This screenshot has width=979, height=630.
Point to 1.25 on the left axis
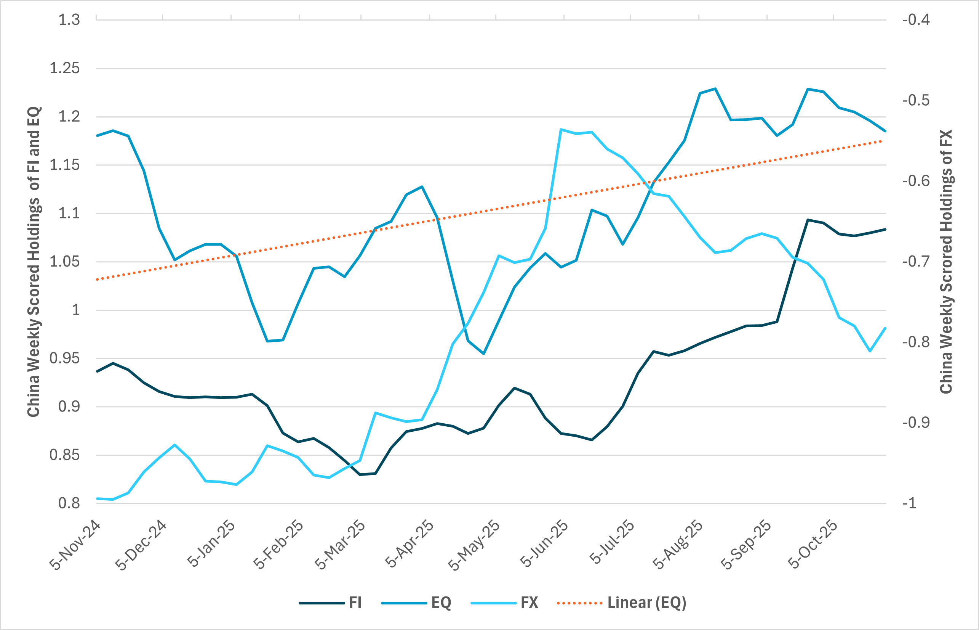[64, 68]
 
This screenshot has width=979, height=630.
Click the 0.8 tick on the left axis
[69, 503]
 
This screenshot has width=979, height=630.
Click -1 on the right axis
[910, 503]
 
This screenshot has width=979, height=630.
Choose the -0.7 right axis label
[916, 261]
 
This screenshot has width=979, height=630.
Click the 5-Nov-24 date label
[75, 545]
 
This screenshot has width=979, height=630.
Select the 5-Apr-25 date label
[410, 544]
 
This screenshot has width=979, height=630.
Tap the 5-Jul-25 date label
[611, 542]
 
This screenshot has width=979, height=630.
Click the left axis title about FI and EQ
[34, 262]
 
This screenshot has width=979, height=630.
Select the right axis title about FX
[946, 262]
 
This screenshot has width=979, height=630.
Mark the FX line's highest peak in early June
[561, 129]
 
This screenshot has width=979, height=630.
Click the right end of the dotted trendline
[882, 141]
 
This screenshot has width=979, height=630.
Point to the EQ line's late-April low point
[484, 354]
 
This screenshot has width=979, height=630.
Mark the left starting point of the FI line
[97, 371]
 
